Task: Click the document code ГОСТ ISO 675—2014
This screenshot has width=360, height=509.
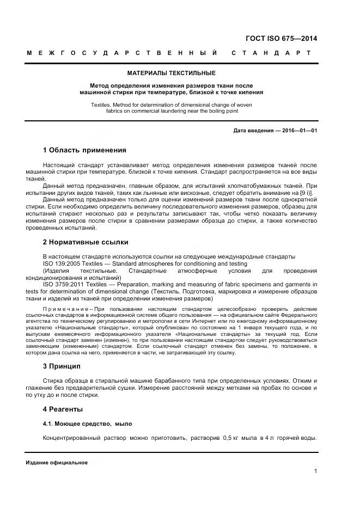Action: click(x=282, y=39)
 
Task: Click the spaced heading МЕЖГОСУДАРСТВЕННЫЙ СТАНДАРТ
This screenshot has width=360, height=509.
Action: click(x=168, y=53)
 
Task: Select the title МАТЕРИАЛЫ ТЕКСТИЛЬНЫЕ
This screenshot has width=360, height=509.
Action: click(x=171, y=72)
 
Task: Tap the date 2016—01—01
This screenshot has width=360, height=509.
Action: click(x=299, y=131)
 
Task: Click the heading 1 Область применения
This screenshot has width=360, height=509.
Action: click(x=84, y=150)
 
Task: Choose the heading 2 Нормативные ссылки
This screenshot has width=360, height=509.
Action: click(x=86, y=242)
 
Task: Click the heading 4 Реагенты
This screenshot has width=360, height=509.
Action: click(x=63, y=408)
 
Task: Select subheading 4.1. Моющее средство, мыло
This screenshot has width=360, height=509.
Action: click(x=87, y=424)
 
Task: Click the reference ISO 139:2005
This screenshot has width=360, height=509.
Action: click(x=62, y=263)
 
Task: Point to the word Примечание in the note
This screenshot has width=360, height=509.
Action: click(x=64, y=309)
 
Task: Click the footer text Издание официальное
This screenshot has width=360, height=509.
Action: click(x=57, y=463)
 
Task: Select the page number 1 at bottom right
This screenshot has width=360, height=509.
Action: click(x=315, y=471)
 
